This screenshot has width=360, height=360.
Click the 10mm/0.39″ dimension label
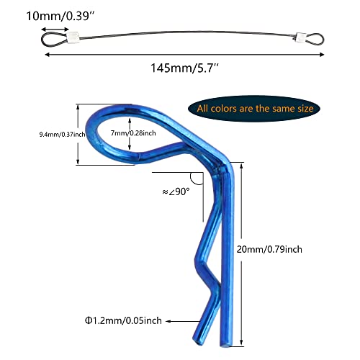[x=60, y=17]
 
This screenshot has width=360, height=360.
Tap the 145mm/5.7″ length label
[x=184, y=68]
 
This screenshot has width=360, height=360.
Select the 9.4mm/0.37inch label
[x=62, y=135]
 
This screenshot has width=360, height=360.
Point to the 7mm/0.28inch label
[x=133, y=133]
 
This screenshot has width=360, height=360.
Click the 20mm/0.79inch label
[x=269, y=249]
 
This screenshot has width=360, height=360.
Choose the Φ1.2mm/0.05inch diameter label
[x=123, y=320]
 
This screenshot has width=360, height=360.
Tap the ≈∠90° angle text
[x=176, y=192]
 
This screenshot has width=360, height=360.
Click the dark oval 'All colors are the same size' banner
[x=254, y=109]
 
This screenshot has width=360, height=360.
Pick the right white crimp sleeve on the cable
[x=301, y=37]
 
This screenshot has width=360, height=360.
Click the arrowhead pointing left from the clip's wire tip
[x=168, y=321]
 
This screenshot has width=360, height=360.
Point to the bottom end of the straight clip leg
[x=226, y=345]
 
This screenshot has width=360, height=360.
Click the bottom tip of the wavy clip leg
[x=197, y=341]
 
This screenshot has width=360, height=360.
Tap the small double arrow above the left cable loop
[x=55, y=30]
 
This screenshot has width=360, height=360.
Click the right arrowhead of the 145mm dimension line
[x=322, y=55]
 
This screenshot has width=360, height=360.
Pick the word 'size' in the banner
[x=305, y=109]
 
